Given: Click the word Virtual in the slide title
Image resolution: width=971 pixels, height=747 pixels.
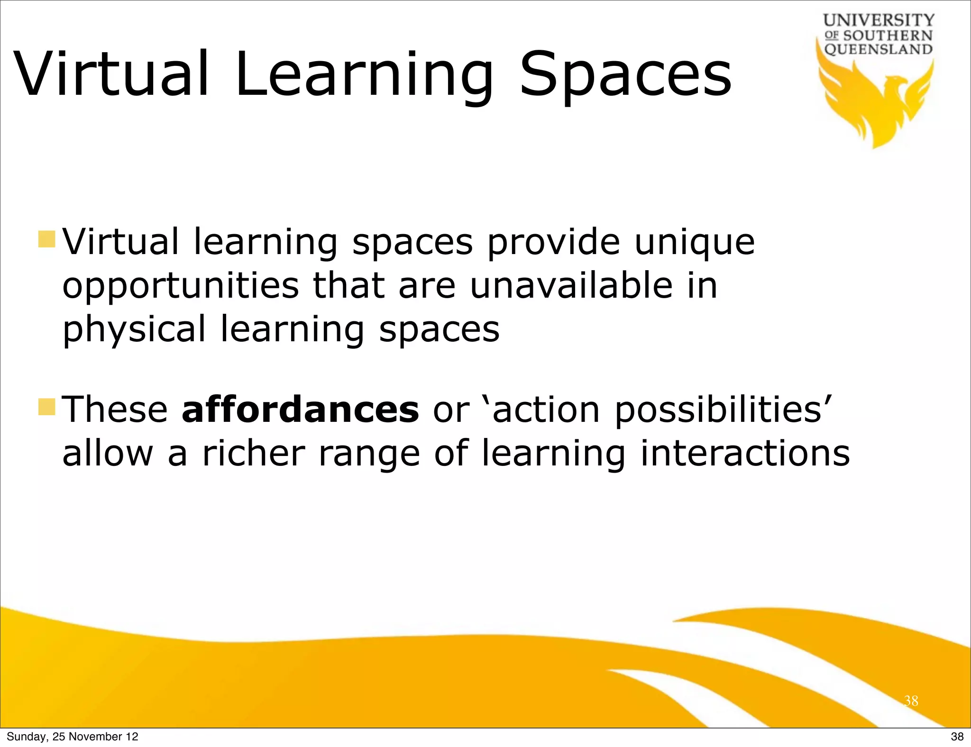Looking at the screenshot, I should pos(112,74).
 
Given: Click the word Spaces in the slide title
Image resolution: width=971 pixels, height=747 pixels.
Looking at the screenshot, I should pos(626,76).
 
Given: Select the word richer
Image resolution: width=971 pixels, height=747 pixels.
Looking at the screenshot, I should pos(253,453).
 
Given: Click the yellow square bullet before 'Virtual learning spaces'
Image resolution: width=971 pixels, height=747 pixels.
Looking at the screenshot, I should pos(47,239).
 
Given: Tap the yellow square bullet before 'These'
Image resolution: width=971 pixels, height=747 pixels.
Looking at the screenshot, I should pos(47,407).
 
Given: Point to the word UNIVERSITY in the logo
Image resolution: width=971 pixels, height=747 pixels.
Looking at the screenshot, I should pos(879,20).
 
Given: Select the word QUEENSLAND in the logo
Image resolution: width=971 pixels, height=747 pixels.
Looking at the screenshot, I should pos(879,49).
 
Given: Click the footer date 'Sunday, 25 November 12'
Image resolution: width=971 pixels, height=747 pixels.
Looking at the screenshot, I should pos(73,737).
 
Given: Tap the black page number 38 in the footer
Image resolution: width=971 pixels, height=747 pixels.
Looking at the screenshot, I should pos(957,737).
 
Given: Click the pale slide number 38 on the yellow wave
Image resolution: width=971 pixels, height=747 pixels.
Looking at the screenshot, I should pos(911,701).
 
